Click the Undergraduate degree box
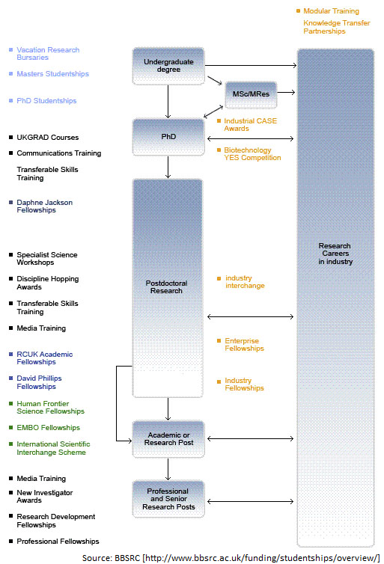(x=168, y=66)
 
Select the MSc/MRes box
(x=251, y=94)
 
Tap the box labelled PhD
(x=168, y=137)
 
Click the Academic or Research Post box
(x=168, y=439)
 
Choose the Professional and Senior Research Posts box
(x=168, y=499)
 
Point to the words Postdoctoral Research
(x=166, y=287)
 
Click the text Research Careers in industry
(x=335, y=254)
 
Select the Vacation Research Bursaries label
(x=48, y=54)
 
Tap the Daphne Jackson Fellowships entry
(x=45, y=206)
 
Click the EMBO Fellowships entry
(x=48, y=427)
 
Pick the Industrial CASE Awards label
(x=250, y=124)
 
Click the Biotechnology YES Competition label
(x=252, y=153)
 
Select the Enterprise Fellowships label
(x=244, y=344)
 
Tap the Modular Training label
(x=331, y=10)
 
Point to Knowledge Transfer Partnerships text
(x=337, y=27)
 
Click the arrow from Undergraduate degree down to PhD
(x=168, y=102)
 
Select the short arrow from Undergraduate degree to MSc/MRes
(x=215, y=81)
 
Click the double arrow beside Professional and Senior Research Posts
(x=251, y=501)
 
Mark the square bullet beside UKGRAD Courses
(x=10, y=137)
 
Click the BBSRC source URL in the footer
(x=261, y=558)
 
